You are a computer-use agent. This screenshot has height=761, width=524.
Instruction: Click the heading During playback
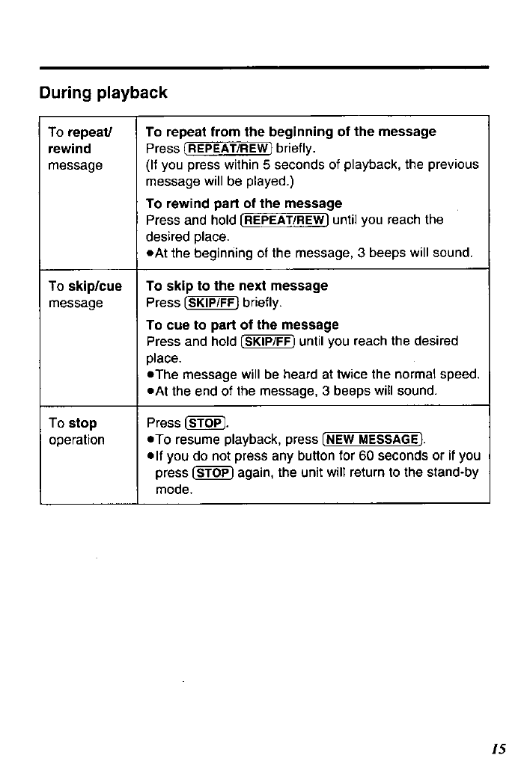(103, 93)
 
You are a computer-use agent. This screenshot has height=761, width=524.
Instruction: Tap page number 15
(499, 748)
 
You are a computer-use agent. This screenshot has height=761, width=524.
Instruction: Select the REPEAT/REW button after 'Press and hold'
(284, 220)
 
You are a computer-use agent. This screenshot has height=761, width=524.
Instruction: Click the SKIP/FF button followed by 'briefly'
(210, 303)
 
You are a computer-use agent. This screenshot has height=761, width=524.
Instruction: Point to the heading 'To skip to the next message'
(237, 286)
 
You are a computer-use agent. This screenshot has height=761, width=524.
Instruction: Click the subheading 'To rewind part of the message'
(244, 203)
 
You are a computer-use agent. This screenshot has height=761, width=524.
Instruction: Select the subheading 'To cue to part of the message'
(243, 324)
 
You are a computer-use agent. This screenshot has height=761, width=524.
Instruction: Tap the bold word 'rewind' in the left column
(69, 148)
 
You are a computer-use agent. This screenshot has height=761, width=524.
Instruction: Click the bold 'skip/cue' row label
(95, 286)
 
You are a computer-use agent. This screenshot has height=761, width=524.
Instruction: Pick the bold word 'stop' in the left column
(82, 423)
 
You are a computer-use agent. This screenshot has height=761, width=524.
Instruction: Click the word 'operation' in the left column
(76, 440)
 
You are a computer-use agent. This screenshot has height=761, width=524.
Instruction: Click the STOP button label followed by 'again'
(212, 472)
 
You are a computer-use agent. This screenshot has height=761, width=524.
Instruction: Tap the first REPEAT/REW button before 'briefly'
(228, 148)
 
